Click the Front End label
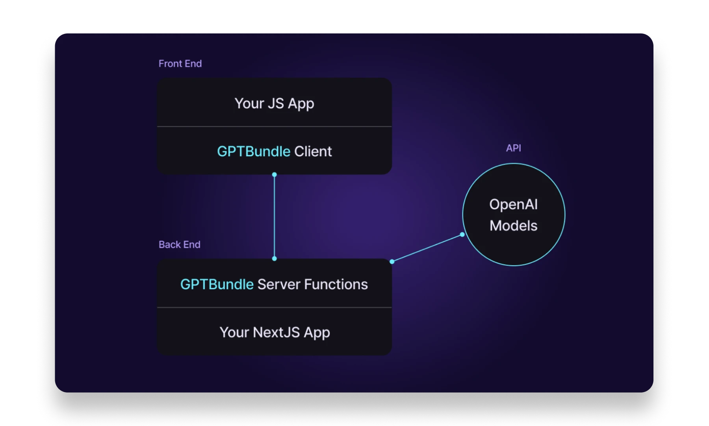180,64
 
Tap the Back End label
179,244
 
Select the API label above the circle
513,148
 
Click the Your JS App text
274,104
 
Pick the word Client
313,152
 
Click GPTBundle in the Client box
254,152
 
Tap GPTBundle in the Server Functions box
217,284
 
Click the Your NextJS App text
275,332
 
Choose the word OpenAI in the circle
513,204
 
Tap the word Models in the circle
513,226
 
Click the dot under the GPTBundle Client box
275,174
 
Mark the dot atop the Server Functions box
275,259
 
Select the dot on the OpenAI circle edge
462,235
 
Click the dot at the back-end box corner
392,261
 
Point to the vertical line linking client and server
275,217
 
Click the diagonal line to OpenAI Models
427,248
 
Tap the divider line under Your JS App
275,126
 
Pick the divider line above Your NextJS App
275,307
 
